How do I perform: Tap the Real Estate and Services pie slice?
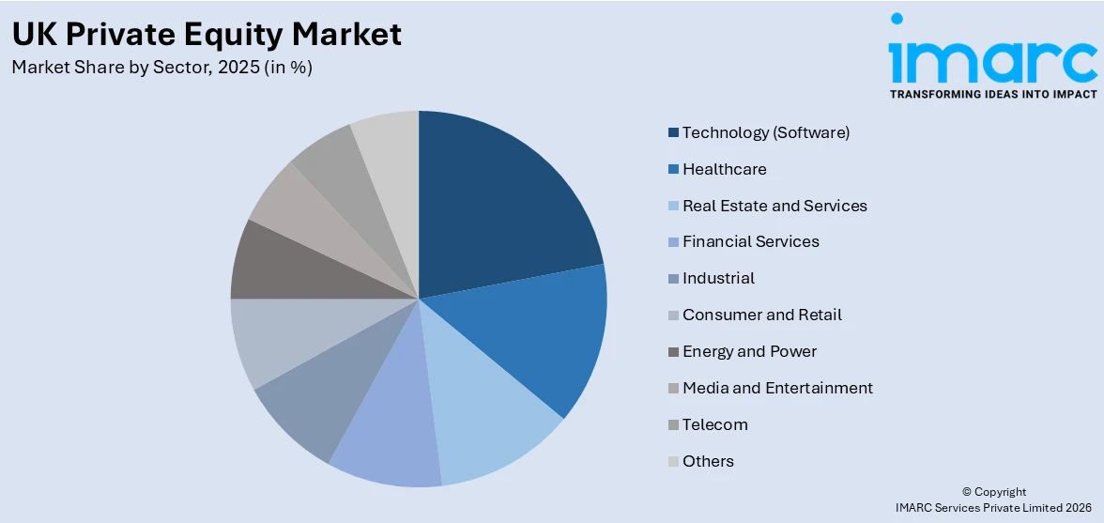point(488,413)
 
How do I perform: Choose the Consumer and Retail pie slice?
point(272,338)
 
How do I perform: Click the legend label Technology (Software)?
point(765,132)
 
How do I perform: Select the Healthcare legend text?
point(724,169)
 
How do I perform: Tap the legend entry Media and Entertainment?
point(777,388)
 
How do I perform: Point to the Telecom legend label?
point(714,424)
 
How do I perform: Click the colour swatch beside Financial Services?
point(673,242)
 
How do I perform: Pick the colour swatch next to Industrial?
point(673,279)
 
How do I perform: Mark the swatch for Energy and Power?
point(673,352)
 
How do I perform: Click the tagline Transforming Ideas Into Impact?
point(992,94)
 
